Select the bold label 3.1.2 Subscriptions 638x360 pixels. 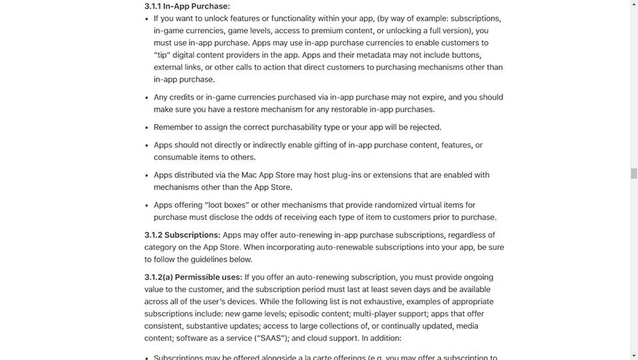182,235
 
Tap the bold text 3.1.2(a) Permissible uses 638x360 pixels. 193,277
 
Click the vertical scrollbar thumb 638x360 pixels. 633,173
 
